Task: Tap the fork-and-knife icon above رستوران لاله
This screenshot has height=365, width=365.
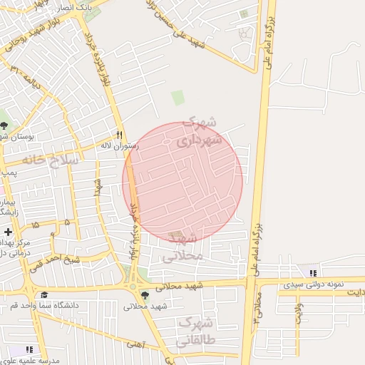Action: (119, 135)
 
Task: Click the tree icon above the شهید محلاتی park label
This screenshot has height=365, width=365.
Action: (145, 295)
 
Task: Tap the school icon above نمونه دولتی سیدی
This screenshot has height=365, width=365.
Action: (313, 272)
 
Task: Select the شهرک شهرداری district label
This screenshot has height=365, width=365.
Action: (204, 132)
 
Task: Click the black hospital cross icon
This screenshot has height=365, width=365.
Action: (8, 232)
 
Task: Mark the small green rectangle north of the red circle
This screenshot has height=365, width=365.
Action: (178, 98)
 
